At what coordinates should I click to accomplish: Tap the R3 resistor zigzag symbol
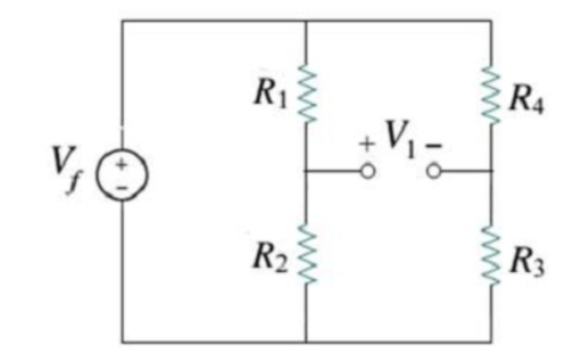click(491, 254)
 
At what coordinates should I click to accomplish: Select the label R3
click(527, 264)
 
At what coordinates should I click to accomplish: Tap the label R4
click(528, 99)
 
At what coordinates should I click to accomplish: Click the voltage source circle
click(122, 178)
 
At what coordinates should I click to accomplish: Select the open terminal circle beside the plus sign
click(367, 172)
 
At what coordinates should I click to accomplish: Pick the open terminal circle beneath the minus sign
click(433, 172)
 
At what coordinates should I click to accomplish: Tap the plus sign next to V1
click(367, 146)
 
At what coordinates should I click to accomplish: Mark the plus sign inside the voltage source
click(122, 165)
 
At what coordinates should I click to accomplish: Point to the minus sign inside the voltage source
click(122, 188)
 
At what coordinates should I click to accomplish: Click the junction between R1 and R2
click(305, 172)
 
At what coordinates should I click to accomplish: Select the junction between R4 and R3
click(491, 172)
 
